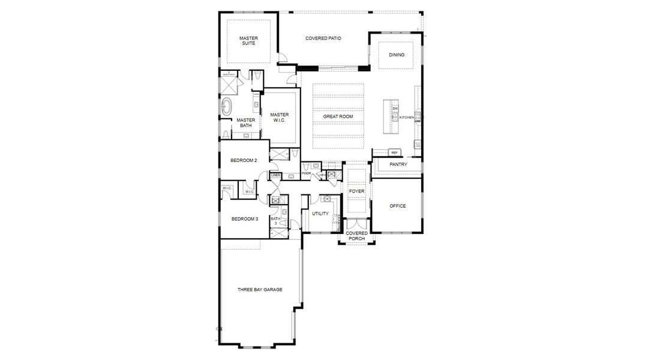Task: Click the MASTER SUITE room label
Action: tap(248, 40)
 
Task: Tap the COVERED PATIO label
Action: tap(323, 38)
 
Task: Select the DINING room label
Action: tap(397, 55)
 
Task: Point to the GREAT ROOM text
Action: tap(338, 116)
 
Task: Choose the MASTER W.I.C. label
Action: tap(279, 118)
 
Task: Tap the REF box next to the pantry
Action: tap(394, 152)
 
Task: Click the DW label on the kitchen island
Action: tap(395, 109)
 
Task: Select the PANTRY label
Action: tap(398, 164)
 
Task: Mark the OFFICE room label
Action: tap(398, 206)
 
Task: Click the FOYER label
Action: tap(357, 191)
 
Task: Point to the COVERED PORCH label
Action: tap(357, 236)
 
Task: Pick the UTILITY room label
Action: tap(320, 214)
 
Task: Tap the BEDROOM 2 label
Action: tap(244, 160)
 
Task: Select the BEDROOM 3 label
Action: tap(245, 219)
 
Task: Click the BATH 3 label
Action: tap(275, 221)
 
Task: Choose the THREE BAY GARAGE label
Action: tap(259, 289)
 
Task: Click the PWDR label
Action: tap(306, 173)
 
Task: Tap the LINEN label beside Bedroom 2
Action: tap(275, 175)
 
